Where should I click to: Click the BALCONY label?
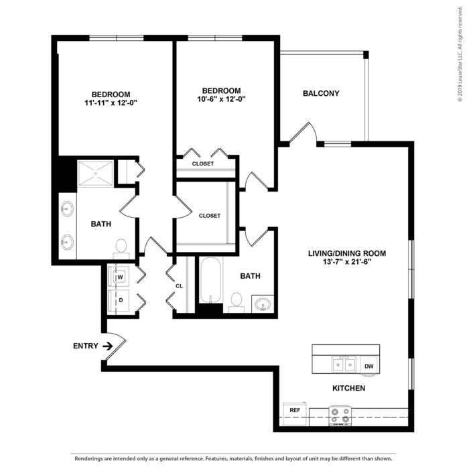coord(321,94)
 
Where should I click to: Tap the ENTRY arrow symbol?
coord(107,346)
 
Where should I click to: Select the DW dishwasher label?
coord(369,366)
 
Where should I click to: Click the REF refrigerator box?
coord(295,413)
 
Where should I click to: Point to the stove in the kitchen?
coord(340,415)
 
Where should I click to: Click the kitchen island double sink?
coord(344,364)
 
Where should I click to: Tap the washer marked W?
coord(119,277)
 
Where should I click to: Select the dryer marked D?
coord(119,301)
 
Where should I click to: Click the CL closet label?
coord(179,286)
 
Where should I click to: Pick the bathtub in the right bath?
coord(210,280)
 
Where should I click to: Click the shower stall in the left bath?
coord(95,174)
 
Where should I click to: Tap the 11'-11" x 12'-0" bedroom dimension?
coord(111,103)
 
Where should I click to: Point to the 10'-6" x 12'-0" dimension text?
coord(221,99)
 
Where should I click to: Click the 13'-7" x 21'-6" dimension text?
coord(347,262)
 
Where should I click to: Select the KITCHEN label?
coord(348,388)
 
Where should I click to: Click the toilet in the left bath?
coord(121,249)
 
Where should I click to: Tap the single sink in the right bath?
coord(263,304)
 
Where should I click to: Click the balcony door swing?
coord(304,133)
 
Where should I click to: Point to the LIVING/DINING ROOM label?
coord(347,253)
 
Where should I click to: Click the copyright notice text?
coord(460,54)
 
